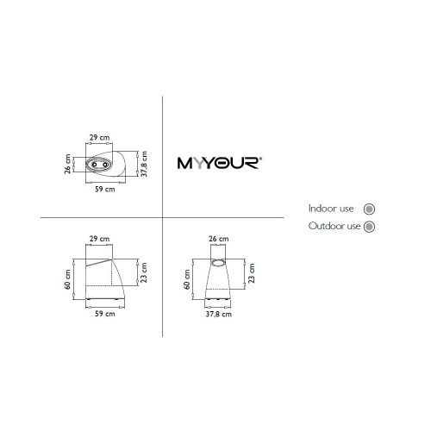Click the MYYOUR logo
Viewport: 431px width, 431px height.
(220, 163)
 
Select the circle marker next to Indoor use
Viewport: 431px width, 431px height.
(369, 209)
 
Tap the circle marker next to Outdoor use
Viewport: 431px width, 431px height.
(369, 227)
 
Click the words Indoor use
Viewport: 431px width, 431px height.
(331, 209)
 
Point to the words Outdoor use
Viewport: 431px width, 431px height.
(334, 226)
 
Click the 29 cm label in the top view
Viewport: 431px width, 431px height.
(99, 137)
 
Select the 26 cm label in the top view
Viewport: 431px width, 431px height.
(67, 164)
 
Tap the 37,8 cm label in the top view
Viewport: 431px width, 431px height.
(144, 164)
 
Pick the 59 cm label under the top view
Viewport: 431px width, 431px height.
(105, 189)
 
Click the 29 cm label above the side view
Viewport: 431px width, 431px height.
(99, 239)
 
